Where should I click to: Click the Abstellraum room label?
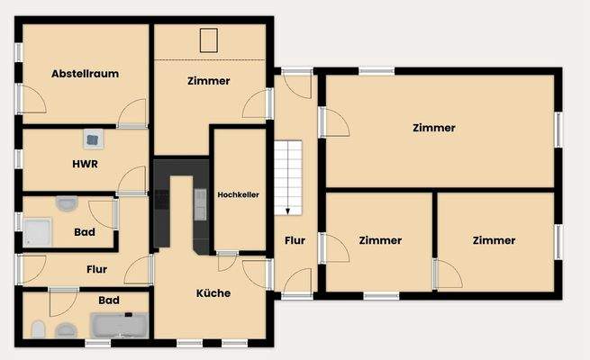click(x=86, y=74)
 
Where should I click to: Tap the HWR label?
click(x=85, y=164)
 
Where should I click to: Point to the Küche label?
click(x=213, y=292)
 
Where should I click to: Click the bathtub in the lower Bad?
click(x=118, y=325)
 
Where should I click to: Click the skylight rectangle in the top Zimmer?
click(x=208, y=41)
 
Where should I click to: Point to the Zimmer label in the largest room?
click(x=434, y=128)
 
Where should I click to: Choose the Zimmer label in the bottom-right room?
click(x=494, y=240)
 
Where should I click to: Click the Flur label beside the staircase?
click(x=295, y=240)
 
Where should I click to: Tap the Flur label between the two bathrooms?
click(x=96, y=268)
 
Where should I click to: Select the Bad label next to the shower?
click(x=85, y=232)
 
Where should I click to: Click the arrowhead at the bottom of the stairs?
click(x=288, y=211)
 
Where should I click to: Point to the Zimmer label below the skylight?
click(x=209, y=81)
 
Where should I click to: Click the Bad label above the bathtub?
click(x=109, y=299)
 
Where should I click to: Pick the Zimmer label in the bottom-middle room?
click(x=380, y=240)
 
